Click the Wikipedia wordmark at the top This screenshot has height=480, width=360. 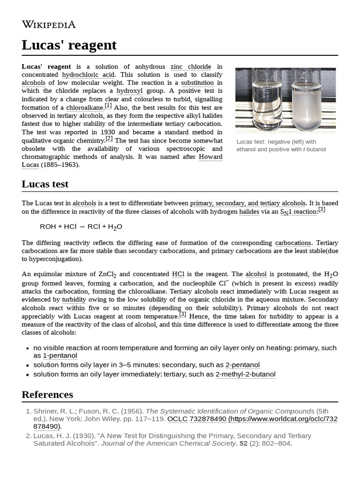pos(48,25)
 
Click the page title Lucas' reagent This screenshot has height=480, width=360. pos(69,45)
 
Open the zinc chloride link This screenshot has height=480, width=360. pos(190,67)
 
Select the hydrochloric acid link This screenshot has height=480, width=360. pos(88,75)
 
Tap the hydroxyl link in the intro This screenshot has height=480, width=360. pos(130,90)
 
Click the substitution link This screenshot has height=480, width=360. pos(197,82)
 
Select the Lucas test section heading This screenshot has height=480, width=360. pos(45,184)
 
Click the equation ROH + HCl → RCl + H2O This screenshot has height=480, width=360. pos(81,227)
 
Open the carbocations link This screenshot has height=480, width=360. pos(293,243)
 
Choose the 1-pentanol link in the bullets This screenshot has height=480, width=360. pos(60,356)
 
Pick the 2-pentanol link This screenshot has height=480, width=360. pos(242,365)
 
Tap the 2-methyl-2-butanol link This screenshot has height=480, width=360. pos(245,374)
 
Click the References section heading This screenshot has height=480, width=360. pos(47,394)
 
